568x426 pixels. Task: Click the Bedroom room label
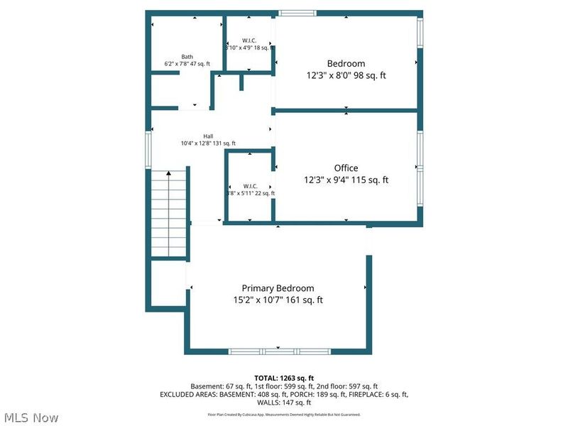point(346,62)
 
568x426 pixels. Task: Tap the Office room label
point(346,168)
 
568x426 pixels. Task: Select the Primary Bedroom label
point(278,288)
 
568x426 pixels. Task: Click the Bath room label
point(187,57)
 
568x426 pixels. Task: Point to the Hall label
point(208,136)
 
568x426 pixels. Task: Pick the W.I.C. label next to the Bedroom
point(249,40)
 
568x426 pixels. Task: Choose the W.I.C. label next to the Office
point(249,186)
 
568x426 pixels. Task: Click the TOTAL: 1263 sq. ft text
point(283,377)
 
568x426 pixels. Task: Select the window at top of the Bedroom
point(296,13)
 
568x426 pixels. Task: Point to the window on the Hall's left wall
point(148,148)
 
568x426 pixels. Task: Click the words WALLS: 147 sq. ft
point(283,402)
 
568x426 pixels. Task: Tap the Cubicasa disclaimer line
point(283,414)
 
